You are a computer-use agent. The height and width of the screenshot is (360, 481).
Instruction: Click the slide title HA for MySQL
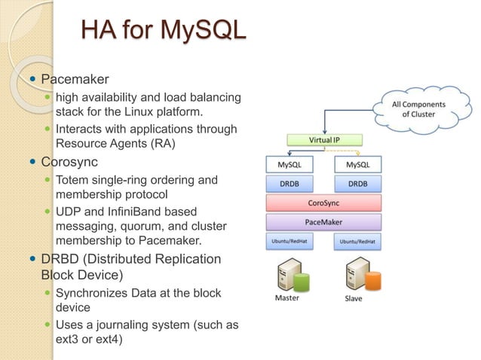coord(164,31)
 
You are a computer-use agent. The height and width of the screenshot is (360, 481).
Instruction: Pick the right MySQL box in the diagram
coord(357,164)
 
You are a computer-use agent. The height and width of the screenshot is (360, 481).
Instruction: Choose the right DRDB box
coord(357,184)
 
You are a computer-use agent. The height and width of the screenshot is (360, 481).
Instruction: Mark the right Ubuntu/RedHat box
coord(357,242)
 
